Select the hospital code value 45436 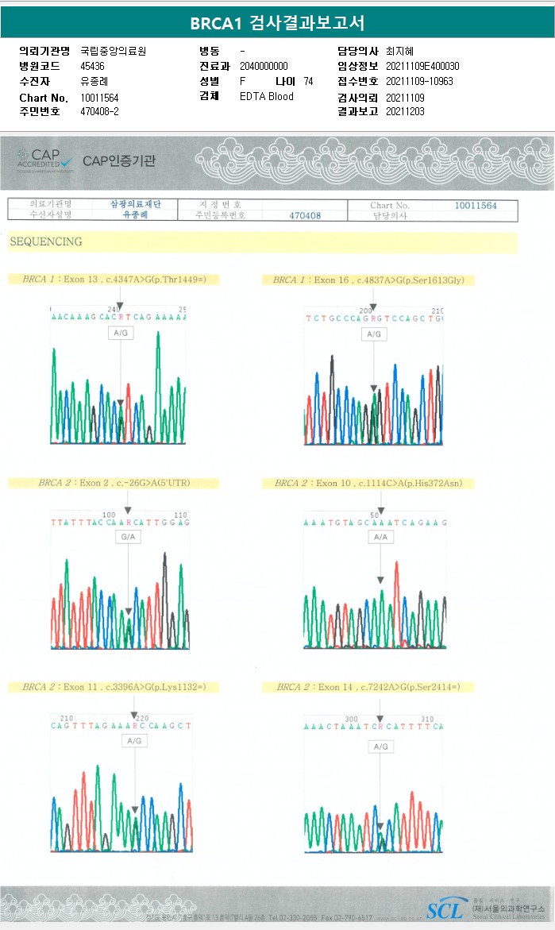point(93,66)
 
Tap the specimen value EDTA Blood point(267,97)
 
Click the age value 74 point(308,81)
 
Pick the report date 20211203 point(405,112)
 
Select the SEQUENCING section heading point(46,241)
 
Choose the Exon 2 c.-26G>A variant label point(114,483)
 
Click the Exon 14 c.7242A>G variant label point(368,687)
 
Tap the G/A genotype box point(126,538)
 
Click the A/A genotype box point(380,538)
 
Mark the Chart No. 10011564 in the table point(476,206)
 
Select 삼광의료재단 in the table point(135,205)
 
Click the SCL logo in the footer point(445,910)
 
